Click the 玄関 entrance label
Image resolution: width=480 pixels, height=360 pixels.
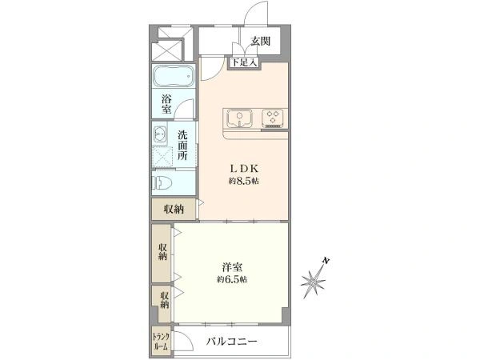(261, 41)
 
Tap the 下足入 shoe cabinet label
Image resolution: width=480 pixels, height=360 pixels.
(244, 63)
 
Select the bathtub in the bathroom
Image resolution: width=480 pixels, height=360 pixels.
(174, 76)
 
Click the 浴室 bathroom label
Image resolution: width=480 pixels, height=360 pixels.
(166, 104)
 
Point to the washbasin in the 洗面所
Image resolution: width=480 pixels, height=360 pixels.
(160, 134)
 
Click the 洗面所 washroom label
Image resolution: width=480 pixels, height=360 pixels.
(182, 145)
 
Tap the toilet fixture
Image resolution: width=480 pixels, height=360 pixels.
(162, 183)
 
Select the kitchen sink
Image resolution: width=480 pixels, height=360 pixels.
(239, 118)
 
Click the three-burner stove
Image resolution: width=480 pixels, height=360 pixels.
(273, 118)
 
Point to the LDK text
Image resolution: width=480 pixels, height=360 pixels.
(244, 168)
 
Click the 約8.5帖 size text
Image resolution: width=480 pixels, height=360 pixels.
(244, 182)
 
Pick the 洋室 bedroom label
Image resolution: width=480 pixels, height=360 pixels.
(232, 267)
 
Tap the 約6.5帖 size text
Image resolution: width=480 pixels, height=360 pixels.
(232, 279)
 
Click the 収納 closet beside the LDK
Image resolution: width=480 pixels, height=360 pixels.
(174, 210)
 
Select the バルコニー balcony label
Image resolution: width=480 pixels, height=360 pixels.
(232, 341)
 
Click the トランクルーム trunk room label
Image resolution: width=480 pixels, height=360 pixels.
(161, 342)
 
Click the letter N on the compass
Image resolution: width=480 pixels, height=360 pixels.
(326, 261)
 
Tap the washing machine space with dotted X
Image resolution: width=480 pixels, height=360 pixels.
(162, 157)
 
